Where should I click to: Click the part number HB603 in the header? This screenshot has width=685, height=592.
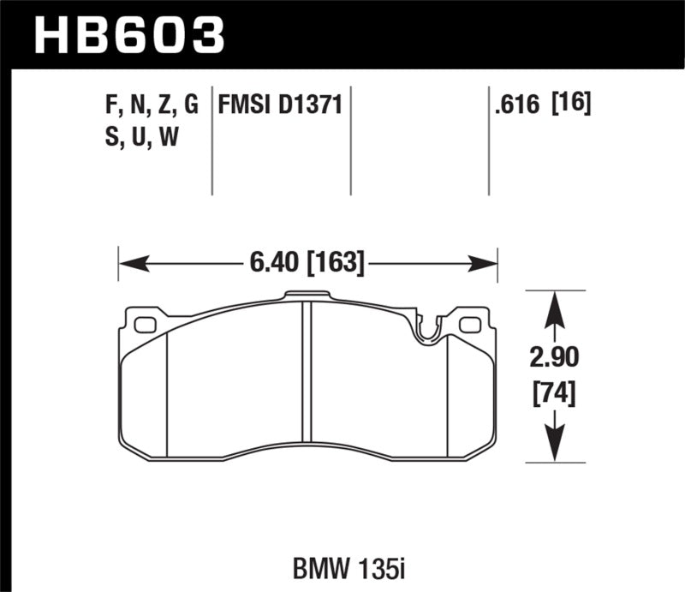click(128, 34)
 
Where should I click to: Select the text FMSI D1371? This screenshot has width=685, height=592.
click(281, 105)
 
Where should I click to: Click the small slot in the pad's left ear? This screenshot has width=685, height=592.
click(145, 325)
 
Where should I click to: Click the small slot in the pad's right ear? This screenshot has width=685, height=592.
click(469, 325)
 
